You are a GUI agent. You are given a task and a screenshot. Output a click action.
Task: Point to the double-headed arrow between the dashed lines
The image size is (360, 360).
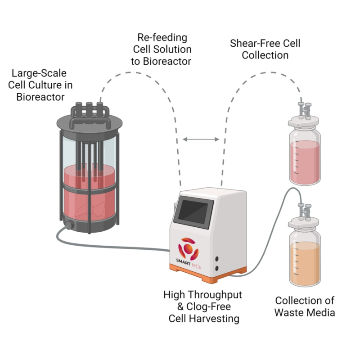click(201, 140)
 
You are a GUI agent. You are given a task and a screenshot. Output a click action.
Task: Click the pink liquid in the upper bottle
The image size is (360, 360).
click(305, 162)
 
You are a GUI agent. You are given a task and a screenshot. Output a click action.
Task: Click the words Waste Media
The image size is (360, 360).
click(305, 312)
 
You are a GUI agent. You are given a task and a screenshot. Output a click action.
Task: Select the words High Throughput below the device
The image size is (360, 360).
click(202, 295)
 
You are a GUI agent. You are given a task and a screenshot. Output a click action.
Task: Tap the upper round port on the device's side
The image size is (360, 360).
click(217, 259)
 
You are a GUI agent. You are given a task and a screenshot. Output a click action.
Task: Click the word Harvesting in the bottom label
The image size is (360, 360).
click(217, 319)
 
